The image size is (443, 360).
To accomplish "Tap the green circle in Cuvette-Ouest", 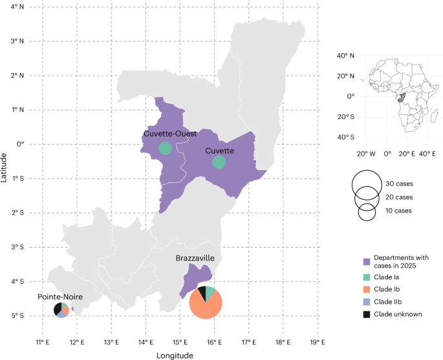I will click(x=165, y=148).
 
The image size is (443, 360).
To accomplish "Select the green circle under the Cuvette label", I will click(x=219, y=162).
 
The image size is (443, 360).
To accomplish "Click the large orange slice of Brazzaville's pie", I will click(x=208, y=306).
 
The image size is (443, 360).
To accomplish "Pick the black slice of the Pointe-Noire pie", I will click(x=58, y=308).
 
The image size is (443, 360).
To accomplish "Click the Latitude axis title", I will click(x=5, y=163).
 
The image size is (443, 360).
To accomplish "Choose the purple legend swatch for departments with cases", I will click(x=366, y=262).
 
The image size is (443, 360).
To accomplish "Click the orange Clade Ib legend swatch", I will click(x=366, y=290).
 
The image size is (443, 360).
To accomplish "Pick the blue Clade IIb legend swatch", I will click(x=366, y=302).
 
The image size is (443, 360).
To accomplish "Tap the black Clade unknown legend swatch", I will click(x=366, y=315).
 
